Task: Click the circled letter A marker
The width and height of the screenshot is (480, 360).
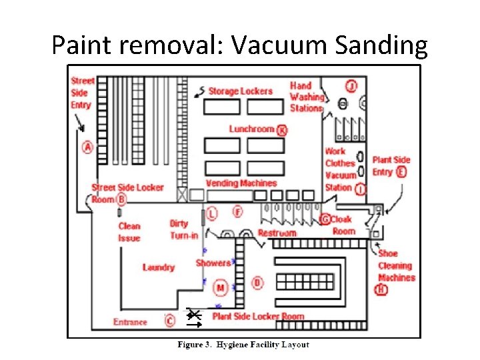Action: (x=87, y=147)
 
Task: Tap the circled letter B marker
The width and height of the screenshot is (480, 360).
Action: (x=122, y=199)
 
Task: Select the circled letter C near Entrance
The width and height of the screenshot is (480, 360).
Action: (x=170, y=321)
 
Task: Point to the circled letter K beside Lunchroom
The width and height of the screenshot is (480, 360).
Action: (x=282, y=129)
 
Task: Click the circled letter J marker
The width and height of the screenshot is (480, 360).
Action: (x=351, y=85)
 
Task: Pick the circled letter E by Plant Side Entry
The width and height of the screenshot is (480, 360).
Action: (x=401, y=172)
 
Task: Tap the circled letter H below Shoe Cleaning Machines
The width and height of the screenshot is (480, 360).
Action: (x=381, y=289)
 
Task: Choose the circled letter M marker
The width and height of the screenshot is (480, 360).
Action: (x=220, y=288)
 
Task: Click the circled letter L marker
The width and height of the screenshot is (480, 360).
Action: (x=211, y=213)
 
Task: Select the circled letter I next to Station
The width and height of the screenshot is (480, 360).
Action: (x=361, y=189)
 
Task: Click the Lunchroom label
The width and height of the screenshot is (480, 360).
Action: (x=251, y=129)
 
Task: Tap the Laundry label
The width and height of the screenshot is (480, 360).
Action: (x=158, y=267)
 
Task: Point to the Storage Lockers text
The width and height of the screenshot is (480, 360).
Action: (x=240, y=91)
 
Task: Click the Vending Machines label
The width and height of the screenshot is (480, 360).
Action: (x=241, y=183)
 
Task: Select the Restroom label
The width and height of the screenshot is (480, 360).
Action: (x=277, y=233)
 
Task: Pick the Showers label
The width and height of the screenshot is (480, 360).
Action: (x=213, y=263)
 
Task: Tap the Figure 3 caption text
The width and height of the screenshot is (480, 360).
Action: (x=243, y=345)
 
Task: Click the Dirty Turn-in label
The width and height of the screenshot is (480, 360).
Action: (x=183, y=229)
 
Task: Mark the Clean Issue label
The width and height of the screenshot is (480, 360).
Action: (x=129, y=232)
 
